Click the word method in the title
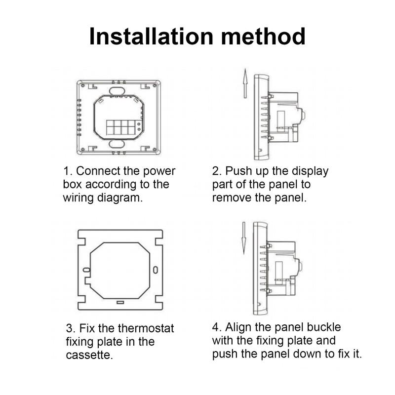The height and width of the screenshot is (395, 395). (263, 37)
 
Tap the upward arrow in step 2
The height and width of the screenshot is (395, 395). (245, 83)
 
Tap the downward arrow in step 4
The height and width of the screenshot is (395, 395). (244, 238)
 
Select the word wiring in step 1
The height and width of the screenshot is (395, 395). (79, 198)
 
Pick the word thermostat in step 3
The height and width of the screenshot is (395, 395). (146, 328)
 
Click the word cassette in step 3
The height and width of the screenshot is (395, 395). (89, 355)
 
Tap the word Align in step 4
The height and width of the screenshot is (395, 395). (238, 328)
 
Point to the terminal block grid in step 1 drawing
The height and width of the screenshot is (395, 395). (121, 127)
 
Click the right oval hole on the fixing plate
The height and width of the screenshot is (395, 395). (156, 270)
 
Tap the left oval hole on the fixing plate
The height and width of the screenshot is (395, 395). (87, 270)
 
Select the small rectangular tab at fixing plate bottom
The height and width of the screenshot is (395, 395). (120, 302)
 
